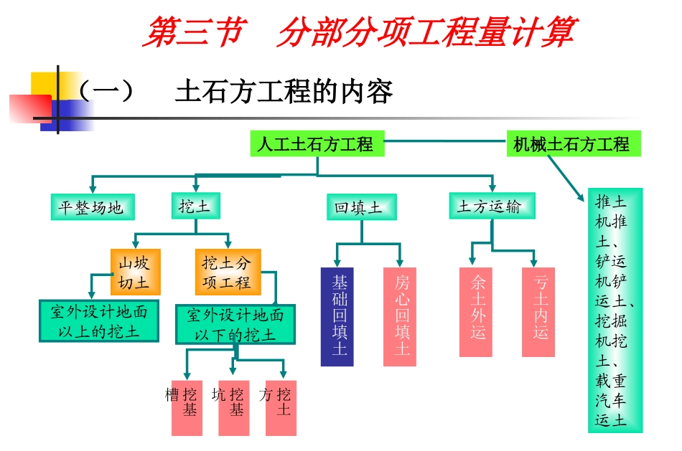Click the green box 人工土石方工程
[317, 144]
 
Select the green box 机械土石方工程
[573, 144]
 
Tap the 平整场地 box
[91, 207]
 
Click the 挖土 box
[195, 206]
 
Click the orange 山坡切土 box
[134, 272]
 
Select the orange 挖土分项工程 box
[227, 272]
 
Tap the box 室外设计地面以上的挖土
[98, 321]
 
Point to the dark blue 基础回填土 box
[337, 316]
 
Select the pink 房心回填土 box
[400, 316]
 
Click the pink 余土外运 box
[475, 312]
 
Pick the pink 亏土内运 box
[538, 312]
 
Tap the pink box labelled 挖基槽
[187, 407]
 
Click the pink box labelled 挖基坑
[234, 407]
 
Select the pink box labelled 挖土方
[281, 407]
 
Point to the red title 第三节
[192, 33]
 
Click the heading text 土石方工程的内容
[284, 92]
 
